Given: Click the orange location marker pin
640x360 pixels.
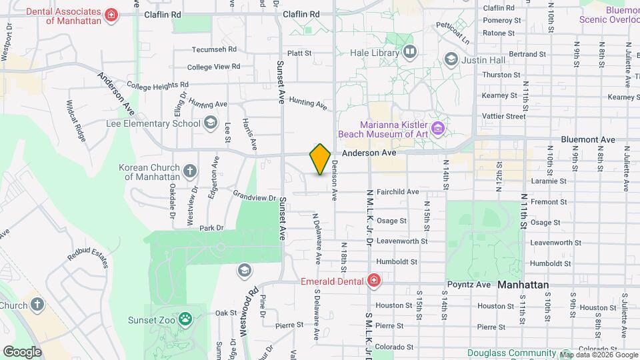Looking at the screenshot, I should (320, 159).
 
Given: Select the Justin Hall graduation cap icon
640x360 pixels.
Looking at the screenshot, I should (451, 60).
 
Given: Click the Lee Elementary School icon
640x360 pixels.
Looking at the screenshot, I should (211, 123).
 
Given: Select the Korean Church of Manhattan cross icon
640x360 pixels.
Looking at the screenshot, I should (190, 171).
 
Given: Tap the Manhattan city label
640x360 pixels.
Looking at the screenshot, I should (523, 285).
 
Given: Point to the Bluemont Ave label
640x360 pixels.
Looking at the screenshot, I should (588, 139).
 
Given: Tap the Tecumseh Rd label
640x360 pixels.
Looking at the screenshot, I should (214, 49).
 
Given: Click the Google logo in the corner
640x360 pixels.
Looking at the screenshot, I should (22, 351).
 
